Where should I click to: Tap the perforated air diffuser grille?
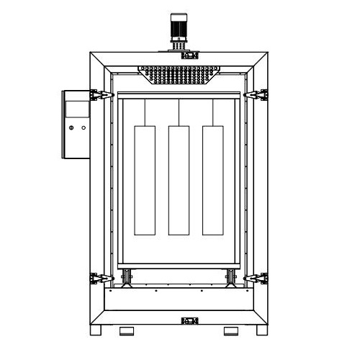pos(179,74)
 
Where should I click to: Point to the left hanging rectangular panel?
pos(145,180)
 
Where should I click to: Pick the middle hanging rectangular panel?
pos(179,180)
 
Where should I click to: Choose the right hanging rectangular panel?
pos(212,180)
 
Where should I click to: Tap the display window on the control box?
pos(76,109)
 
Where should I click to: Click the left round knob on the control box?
pos(71,127)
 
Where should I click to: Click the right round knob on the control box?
pos(84,127)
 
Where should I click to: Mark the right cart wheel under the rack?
pos(230,276)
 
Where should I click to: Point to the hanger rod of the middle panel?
pos(179,112)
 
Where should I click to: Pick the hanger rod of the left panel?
pos(145,112)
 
